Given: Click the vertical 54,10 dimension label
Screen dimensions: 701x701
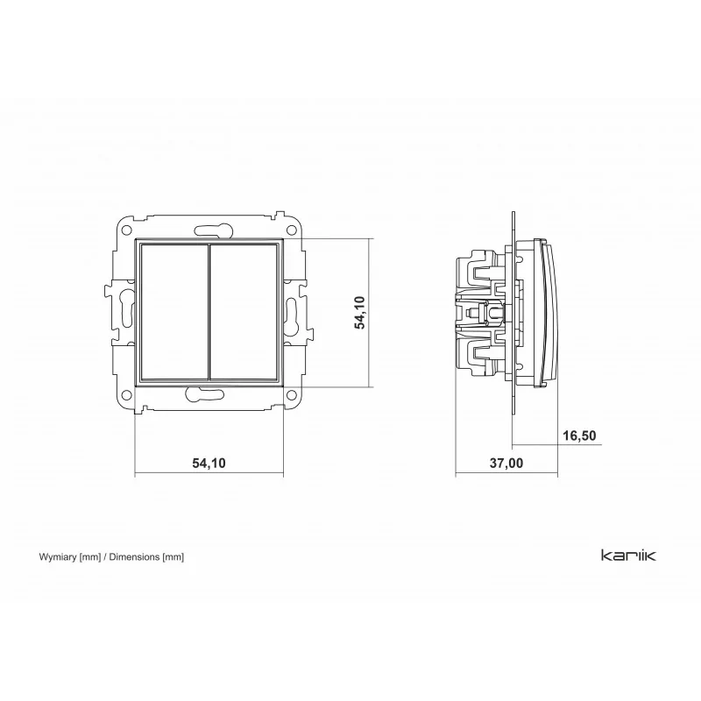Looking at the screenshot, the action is click(x=360, y=312).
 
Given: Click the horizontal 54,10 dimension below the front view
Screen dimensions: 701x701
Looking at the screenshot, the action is click(x=209, y=463).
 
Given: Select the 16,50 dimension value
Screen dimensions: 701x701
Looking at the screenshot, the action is click(x=579, y=435).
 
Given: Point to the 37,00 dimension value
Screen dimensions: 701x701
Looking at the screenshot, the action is click(x=506, y=463).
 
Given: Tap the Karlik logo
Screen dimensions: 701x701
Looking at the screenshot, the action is click(x=628, y=556).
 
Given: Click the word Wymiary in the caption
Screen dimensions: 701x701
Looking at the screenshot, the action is click(x=58, y=557).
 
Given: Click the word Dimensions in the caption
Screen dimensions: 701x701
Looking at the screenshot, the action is click(x=134, y=557).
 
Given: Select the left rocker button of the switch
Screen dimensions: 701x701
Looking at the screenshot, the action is click(x=174, y=312).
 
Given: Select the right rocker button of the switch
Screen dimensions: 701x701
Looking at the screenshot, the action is click(x=244, y=312).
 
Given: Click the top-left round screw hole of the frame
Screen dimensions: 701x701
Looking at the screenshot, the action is click(x=127, y=230).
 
